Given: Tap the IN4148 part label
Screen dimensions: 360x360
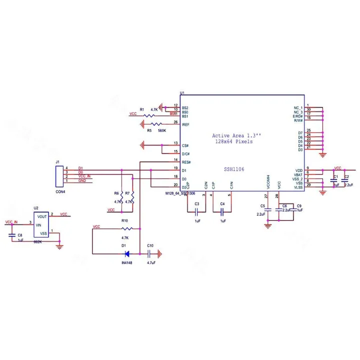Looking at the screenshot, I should tap(127, 262).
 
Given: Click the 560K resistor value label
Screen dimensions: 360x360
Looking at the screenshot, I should tap(161, 130).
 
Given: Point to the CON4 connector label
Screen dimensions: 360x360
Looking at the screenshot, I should tap(60, 191).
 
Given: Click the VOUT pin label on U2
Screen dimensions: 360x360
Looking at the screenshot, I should tap(42, 216).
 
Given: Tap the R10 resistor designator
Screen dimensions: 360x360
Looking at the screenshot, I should tap(124, 220).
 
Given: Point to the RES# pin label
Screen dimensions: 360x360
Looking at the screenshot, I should tap(186, 162).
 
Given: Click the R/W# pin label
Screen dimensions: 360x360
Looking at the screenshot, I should tap(298, 120).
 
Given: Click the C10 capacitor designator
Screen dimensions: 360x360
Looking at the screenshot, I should tap(150, 245).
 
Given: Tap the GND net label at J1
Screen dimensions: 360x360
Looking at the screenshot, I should tap(82, 180).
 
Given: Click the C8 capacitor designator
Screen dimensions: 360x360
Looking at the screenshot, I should tap(20, 234).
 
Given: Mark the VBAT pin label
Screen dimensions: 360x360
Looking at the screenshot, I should tap(298, 175).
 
